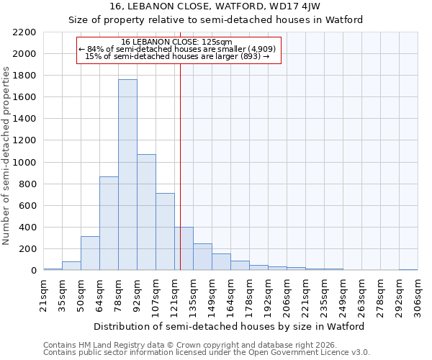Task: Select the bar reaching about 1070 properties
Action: pos(146,212)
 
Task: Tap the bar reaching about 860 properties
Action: pos(109,223)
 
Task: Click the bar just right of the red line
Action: pos(184,249)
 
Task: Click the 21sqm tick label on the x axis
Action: pos(43,294)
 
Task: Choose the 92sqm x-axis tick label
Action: pos(137,294)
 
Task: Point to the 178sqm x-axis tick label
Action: pos(249,295)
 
